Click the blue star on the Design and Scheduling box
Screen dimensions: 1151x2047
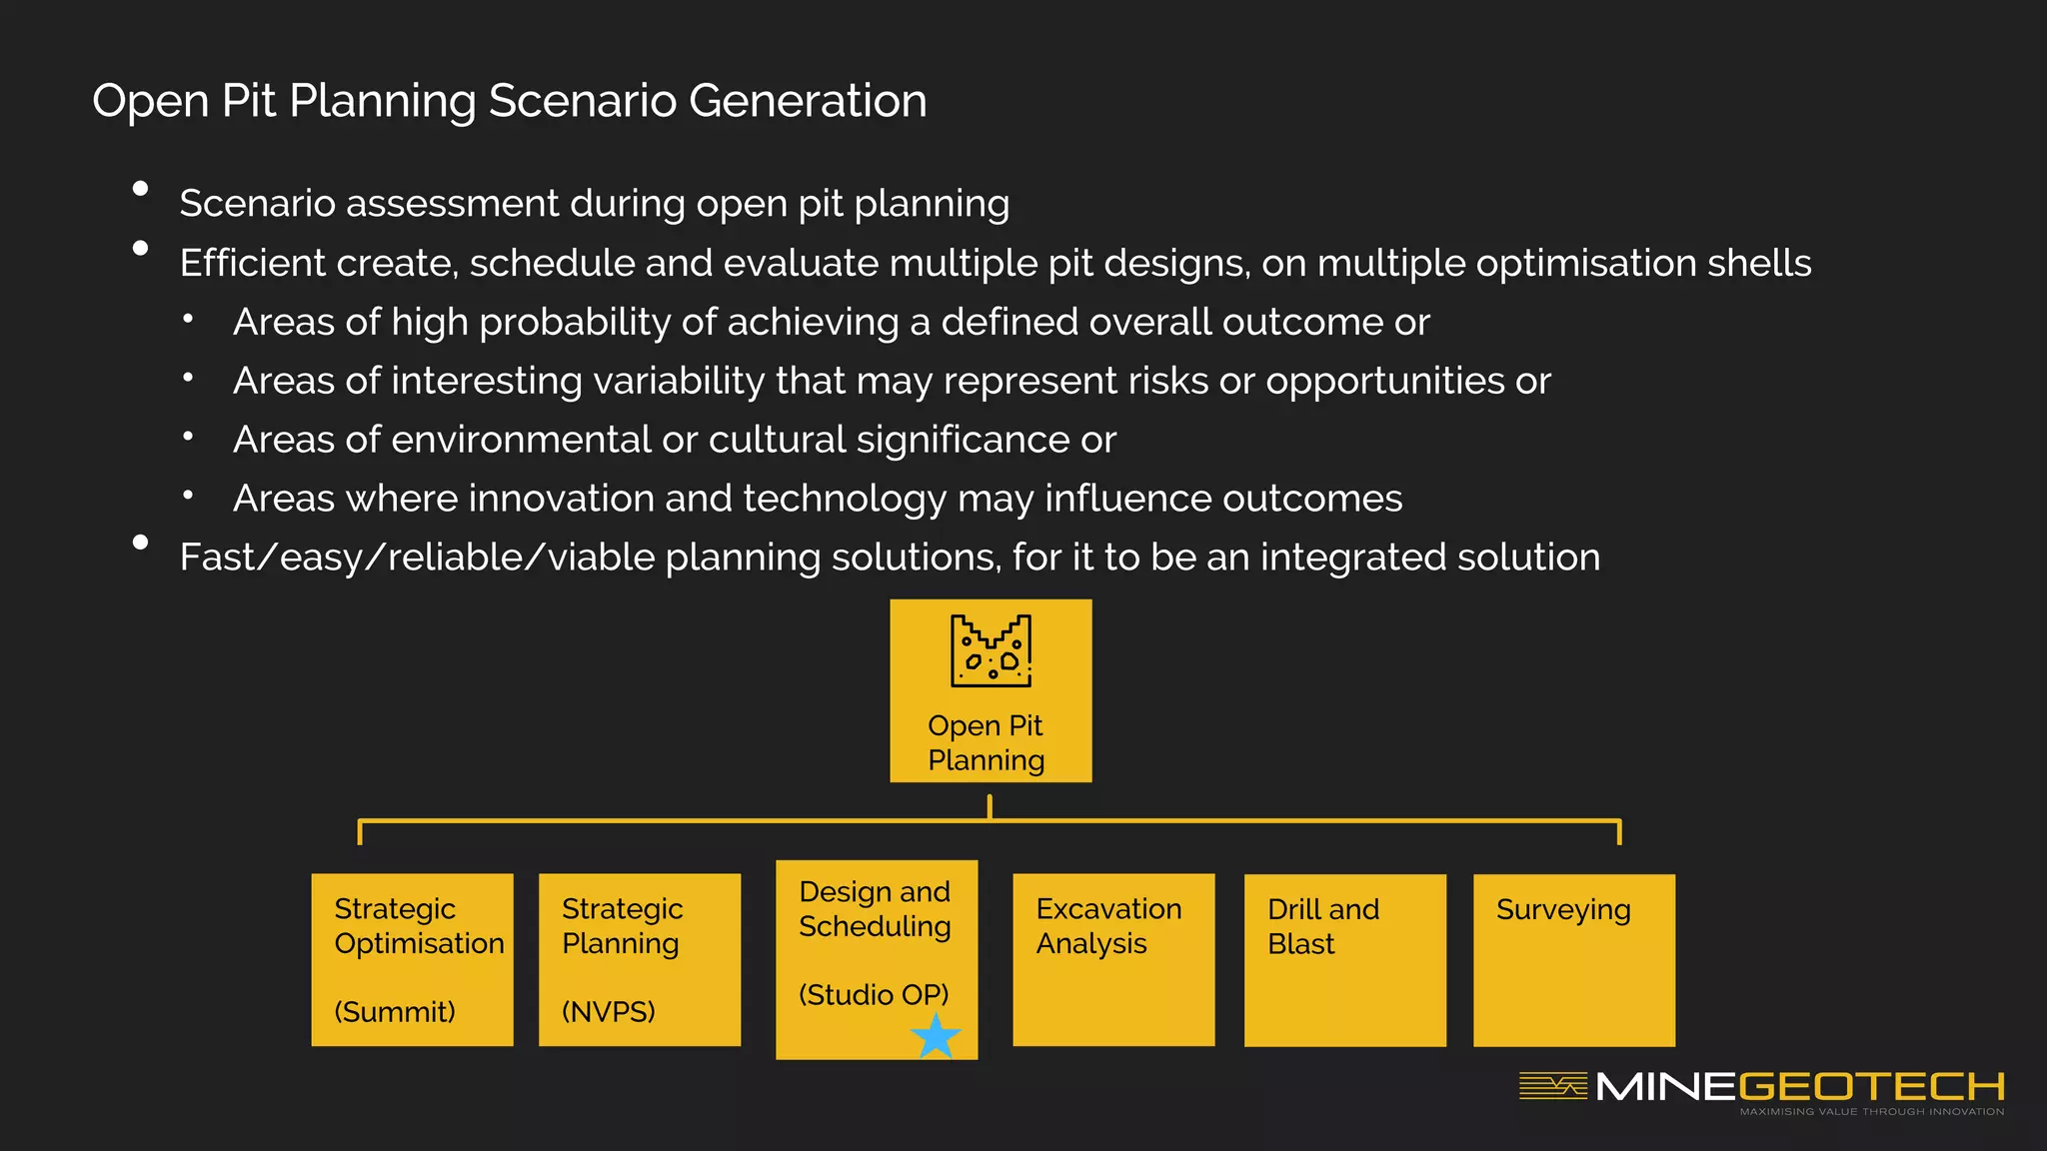[937, 1036]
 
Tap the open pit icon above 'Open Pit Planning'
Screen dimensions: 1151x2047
[991, 651]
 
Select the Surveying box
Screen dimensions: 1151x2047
[1573, 960]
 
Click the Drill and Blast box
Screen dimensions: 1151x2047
[1344, 960]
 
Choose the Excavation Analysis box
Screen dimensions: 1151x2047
[1113, 960]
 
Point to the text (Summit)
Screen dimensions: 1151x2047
[395, 1012]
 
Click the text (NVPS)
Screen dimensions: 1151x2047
[608, 1012]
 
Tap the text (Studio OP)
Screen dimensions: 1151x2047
[874, 995]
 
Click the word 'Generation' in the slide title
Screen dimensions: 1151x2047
[808, 101]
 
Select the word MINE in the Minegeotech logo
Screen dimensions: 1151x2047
[1665, 1087]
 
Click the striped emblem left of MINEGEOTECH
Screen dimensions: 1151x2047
[1552, 1086]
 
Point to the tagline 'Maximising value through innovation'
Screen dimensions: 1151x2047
[1871, 1112]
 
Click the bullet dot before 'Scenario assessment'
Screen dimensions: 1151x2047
[141, 189]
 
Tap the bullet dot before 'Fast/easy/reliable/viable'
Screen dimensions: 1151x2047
[141, 543]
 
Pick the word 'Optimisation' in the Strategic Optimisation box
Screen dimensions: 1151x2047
[419, 943]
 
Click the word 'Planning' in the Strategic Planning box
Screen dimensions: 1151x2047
[620, 944]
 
